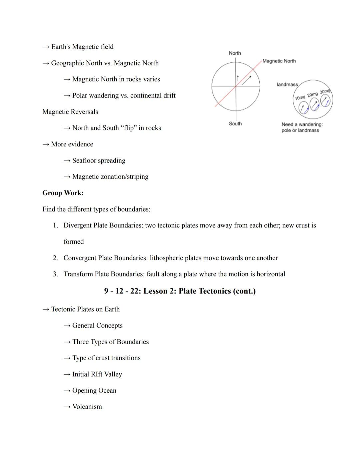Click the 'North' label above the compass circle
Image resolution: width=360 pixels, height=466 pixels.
tap(235, 53)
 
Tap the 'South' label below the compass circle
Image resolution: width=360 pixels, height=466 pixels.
tap(235, 123)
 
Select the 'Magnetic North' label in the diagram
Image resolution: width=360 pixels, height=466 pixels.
tap(279, 61)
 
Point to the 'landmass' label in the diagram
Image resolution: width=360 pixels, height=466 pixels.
tap(287, 84)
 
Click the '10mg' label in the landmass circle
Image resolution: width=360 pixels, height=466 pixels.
tap(300, 97)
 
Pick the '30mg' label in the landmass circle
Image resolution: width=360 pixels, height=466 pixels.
tap(325, 91)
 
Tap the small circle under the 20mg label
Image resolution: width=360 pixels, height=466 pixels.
tap(314, 105)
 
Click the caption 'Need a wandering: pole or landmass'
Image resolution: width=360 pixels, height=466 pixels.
tap(302, 127)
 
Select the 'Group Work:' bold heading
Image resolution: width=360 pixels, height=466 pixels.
tap(63, 193)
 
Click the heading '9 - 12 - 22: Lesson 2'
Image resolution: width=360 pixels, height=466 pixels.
tap(180, 291)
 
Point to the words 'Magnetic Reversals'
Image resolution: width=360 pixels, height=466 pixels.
tap(70, 112)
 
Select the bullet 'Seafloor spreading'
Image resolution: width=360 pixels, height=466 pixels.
tap(99, 160)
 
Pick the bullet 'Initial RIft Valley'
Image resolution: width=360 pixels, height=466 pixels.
tap(97, 374)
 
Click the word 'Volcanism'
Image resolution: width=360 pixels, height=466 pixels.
tap(87, 407)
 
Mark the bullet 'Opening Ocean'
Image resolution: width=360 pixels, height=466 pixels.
tap(94, 390)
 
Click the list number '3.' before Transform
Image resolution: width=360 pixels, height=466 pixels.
tap(55, 274)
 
